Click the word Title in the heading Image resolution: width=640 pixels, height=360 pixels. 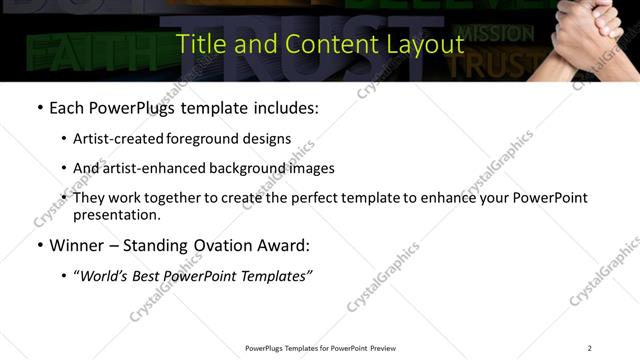[x=198, y=44]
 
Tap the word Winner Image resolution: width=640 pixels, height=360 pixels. [x=78, y=245]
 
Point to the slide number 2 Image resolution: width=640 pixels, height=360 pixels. [x=589, y=348]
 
